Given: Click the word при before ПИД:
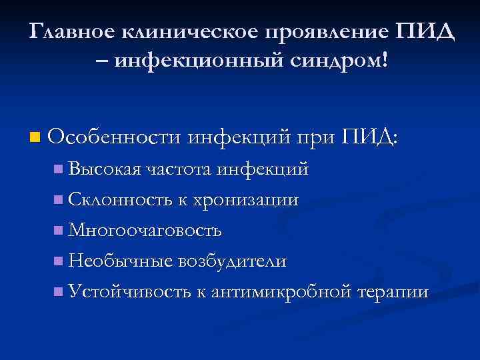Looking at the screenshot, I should tap(313, 139).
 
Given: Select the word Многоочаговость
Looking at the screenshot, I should tap(145, 231).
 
